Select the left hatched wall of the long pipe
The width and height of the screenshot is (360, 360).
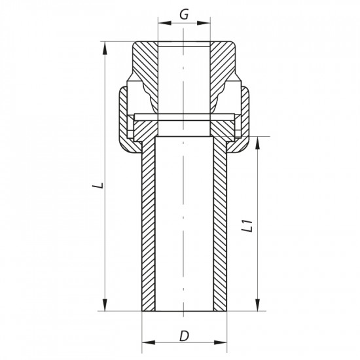[x=148, y=223]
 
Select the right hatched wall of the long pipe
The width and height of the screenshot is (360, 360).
[x=219, y=223]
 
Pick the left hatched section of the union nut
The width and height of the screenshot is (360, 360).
[x=125, y=118]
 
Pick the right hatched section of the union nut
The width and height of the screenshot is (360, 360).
[x=243, y=118]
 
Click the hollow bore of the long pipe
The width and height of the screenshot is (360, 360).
[x=184, y=223]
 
